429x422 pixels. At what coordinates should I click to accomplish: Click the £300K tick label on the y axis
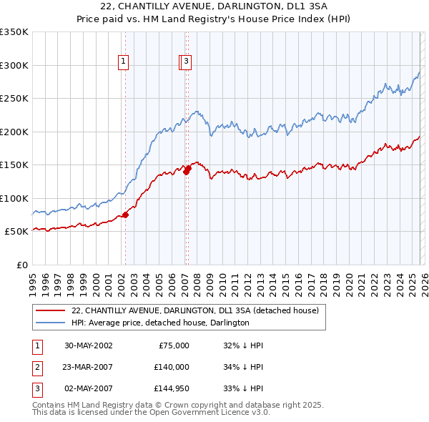pos(14,65)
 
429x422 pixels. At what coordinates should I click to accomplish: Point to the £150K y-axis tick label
pos(14,165)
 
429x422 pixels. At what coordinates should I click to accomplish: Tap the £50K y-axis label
pos(17,232)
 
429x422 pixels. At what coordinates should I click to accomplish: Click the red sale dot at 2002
pos(125,214)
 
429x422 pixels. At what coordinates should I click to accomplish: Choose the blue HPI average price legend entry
pos(160,323)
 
